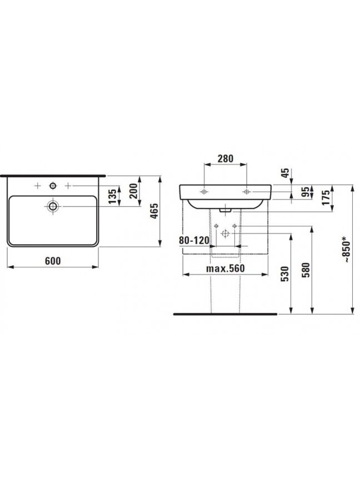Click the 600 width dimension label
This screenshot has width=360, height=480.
tap(53, 261)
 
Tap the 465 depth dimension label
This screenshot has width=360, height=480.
tap(154, 211)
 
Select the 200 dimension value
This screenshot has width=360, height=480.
tap(134, 191)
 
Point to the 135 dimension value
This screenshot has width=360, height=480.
tap(113, 197)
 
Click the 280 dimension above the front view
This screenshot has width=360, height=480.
tap(226, 158)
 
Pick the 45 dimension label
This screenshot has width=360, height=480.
tap(286, 173)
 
